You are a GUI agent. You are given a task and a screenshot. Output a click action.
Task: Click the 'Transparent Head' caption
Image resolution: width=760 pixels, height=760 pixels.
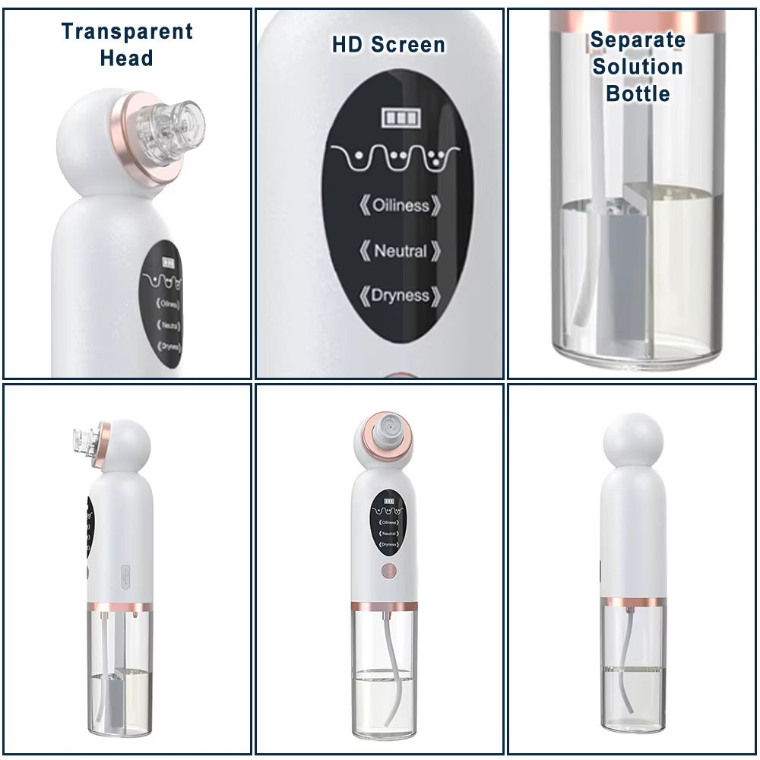point(127,44)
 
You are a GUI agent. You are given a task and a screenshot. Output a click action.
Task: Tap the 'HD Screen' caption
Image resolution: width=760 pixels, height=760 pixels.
point(388,44)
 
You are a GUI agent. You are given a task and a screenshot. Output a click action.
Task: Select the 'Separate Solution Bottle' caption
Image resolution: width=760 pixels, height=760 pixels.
point(638,66)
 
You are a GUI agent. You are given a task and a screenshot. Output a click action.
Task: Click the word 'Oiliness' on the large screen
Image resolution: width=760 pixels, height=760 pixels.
point(401,205)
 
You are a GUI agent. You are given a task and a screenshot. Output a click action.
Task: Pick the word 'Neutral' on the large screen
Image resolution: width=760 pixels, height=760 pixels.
point(401,250)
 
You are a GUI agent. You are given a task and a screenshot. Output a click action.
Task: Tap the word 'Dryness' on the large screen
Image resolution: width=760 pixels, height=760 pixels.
point(401,296)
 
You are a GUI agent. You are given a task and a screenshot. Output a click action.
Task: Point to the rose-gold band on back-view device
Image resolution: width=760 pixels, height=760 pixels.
point(634,601)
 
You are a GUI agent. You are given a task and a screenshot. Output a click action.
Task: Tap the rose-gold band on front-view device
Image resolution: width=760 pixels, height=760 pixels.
point(385,606)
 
